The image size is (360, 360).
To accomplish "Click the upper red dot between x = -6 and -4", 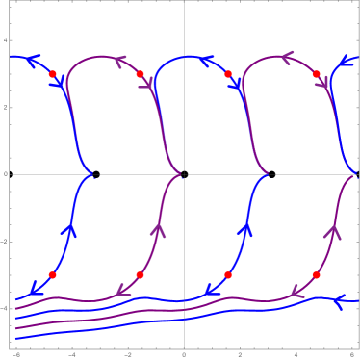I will (x=53, y=74).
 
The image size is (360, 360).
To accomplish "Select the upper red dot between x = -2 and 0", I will (x=141, y=74).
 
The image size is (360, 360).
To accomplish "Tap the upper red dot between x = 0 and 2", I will (x=228, y=74).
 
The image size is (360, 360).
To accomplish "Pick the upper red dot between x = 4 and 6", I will (x=316, y=74).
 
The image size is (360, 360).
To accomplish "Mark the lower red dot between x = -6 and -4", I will (x=53, y=275).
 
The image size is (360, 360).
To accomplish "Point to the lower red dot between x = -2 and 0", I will (x=141, y=275).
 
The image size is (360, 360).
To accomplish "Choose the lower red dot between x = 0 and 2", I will (x=228, y=275).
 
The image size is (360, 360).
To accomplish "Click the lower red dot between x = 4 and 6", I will (x=316, y=275).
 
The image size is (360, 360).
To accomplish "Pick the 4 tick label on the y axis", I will (x=6, y=39).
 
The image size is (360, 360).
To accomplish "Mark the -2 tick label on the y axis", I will (x=6, y=241).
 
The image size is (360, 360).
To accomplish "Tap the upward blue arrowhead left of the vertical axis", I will (x=71, y=229).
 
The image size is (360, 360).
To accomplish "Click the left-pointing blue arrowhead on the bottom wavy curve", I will (x=340, y=302).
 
